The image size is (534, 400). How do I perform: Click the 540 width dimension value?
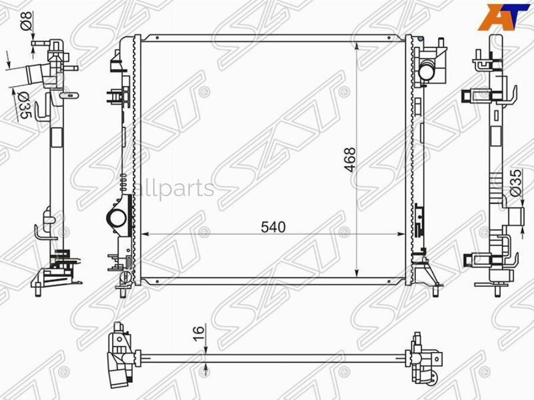coord(273,227)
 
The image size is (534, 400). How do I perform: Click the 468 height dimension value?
coord(349,159)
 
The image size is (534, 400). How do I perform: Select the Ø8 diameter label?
coord(27,21)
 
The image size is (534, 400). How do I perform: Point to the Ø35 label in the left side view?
coord(24,106)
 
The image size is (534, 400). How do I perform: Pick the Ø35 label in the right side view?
coord(516,183)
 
